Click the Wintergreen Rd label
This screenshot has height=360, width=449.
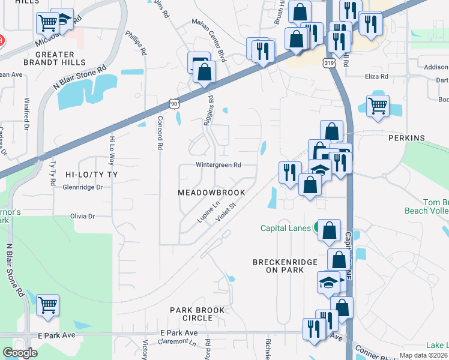(x=218, y=165)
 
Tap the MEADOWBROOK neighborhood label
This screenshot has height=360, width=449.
(x=211, y=193)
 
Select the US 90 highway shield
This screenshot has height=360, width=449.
(x=173, y=104)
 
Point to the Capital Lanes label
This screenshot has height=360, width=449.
(x=285, y=228)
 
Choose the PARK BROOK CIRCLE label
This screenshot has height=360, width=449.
(x=197, y=314)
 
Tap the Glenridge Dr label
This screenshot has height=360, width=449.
(x=83, y=187)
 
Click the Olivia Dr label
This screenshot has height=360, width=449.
(x=83, y=216)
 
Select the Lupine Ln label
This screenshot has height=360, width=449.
(x=208, y=213)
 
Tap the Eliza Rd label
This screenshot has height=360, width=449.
(x=377, y=77)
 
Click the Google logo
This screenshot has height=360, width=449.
(x=20, y=353)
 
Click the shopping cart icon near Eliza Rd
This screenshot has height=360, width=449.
(x=378, y=106)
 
